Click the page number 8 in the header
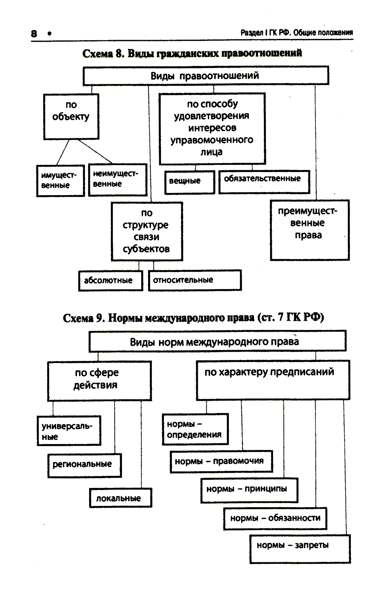34,33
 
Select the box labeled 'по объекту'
71,116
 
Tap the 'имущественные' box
60,181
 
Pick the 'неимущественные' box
117,179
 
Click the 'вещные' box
190,182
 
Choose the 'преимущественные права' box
309,230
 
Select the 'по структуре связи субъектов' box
147,231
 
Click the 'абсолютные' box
111,280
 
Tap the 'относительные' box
195,280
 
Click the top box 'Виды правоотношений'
206,75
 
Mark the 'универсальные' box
69,431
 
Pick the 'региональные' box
84,465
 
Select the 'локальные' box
120,498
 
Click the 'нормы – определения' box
195,429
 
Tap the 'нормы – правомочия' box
221,461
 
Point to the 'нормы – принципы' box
249,490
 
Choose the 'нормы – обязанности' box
275,518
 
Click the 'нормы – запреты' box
300,548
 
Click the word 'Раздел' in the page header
251,33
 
